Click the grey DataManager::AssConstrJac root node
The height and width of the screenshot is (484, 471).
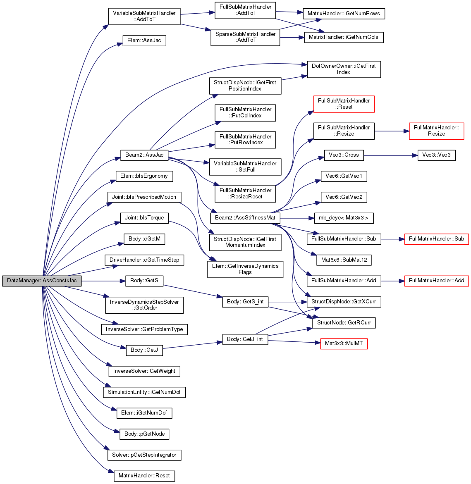tap(42, 281)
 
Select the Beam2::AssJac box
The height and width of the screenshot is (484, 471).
tap(144, 155)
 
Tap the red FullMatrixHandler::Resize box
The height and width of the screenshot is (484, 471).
tap(436, 131)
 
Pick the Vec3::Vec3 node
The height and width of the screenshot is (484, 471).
tap(436, 155)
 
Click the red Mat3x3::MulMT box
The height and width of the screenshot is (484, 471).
tap(344, 343)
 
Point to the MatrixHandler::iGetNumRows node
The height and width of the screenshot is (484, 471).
tap(344, 14)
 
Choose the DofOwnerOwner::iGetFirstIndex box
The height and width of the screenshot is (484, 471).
tap(344, 69)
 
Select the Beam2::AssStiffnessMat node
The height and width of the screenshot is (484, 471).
tap(245, 218)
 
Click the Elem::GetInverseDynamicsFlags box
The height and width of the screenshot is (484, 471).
tap(245, 269)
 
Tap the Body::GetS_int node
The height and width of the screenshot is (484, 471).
tap(245, 302)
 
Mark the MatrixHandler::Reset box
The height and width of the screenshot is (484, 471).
tap(144, 476)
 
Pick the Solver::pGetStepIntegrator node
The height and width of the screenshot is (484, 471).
tap(144, 455)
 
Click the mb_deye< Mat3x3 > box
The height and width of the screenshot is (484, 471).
tap(344, 218)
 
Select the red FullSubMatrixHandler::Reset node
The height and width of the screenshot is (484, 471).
tap(344, 104)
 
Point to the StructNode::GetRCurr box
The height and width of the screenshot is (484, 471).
tap(344, 323)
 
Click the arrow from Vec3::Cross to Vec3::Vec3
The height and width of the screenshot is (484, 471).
tap(391, 155)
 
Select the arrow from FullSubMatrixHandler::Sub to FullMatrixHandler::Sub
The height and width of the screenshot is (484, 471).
tap(393, 239)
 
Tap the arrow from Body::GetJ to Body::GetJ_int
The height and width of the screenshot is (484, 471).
tap(192, 346)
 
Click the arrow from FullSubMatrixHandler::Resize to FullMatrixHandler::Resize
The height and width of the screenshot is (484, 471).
tap(392, 131)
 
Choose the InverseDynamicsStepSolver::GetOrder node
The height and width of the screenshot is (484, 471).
tap(144, 305)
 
